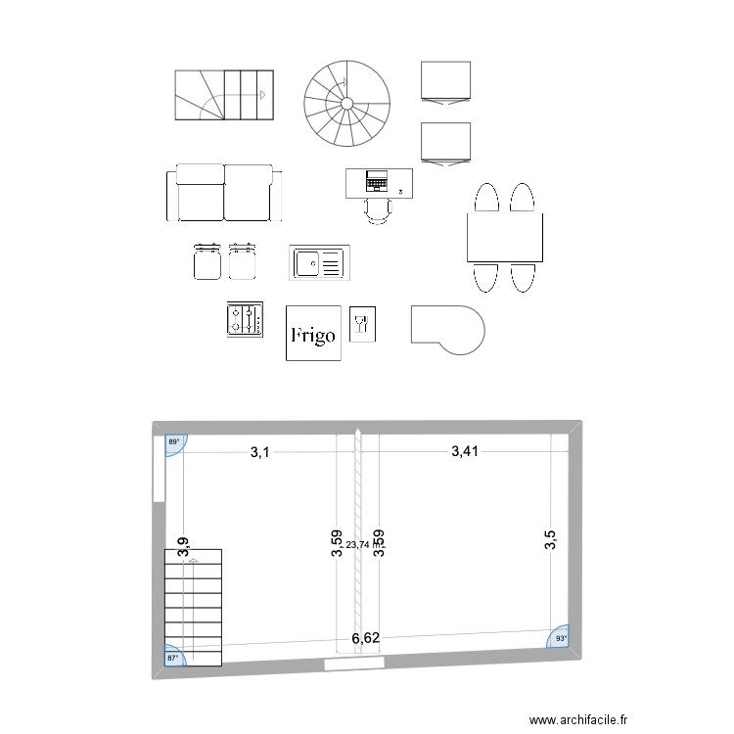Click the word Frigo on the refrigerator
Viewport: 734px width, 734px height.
point(313,336)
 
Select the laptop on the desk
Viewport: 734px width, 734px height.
point(377,181)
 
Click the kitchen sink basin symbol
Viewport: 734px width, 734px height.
point(308,263)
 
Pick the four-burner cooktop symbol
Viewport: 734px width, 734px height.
point(245,320)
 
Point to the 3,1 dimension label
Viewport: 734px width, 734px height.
point(259,452)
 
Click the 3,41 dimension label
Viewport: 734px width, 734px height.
point(467,451)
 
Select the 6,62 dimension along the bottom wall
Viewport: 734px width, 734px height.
point(366,638)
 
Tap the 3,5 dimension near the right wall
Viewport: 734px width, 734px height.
point(550,541)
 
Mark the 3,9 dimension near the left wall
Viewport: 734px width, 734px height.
point(182,548)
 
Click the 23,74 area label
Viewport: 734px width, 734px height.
point(358,545)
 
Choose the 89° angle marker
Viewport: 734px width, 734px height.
point(175,443)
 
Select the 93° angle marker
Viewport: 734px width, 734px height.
point(561,638)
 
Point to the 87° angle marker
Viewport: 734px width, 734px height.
point(174,658)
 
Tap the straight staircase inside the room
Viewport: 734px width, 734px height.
point(194,607)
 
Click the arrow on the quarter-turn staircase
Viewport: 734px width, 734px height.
point(262,95)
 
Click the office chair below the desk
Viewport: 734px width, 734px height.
point(377,211)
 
